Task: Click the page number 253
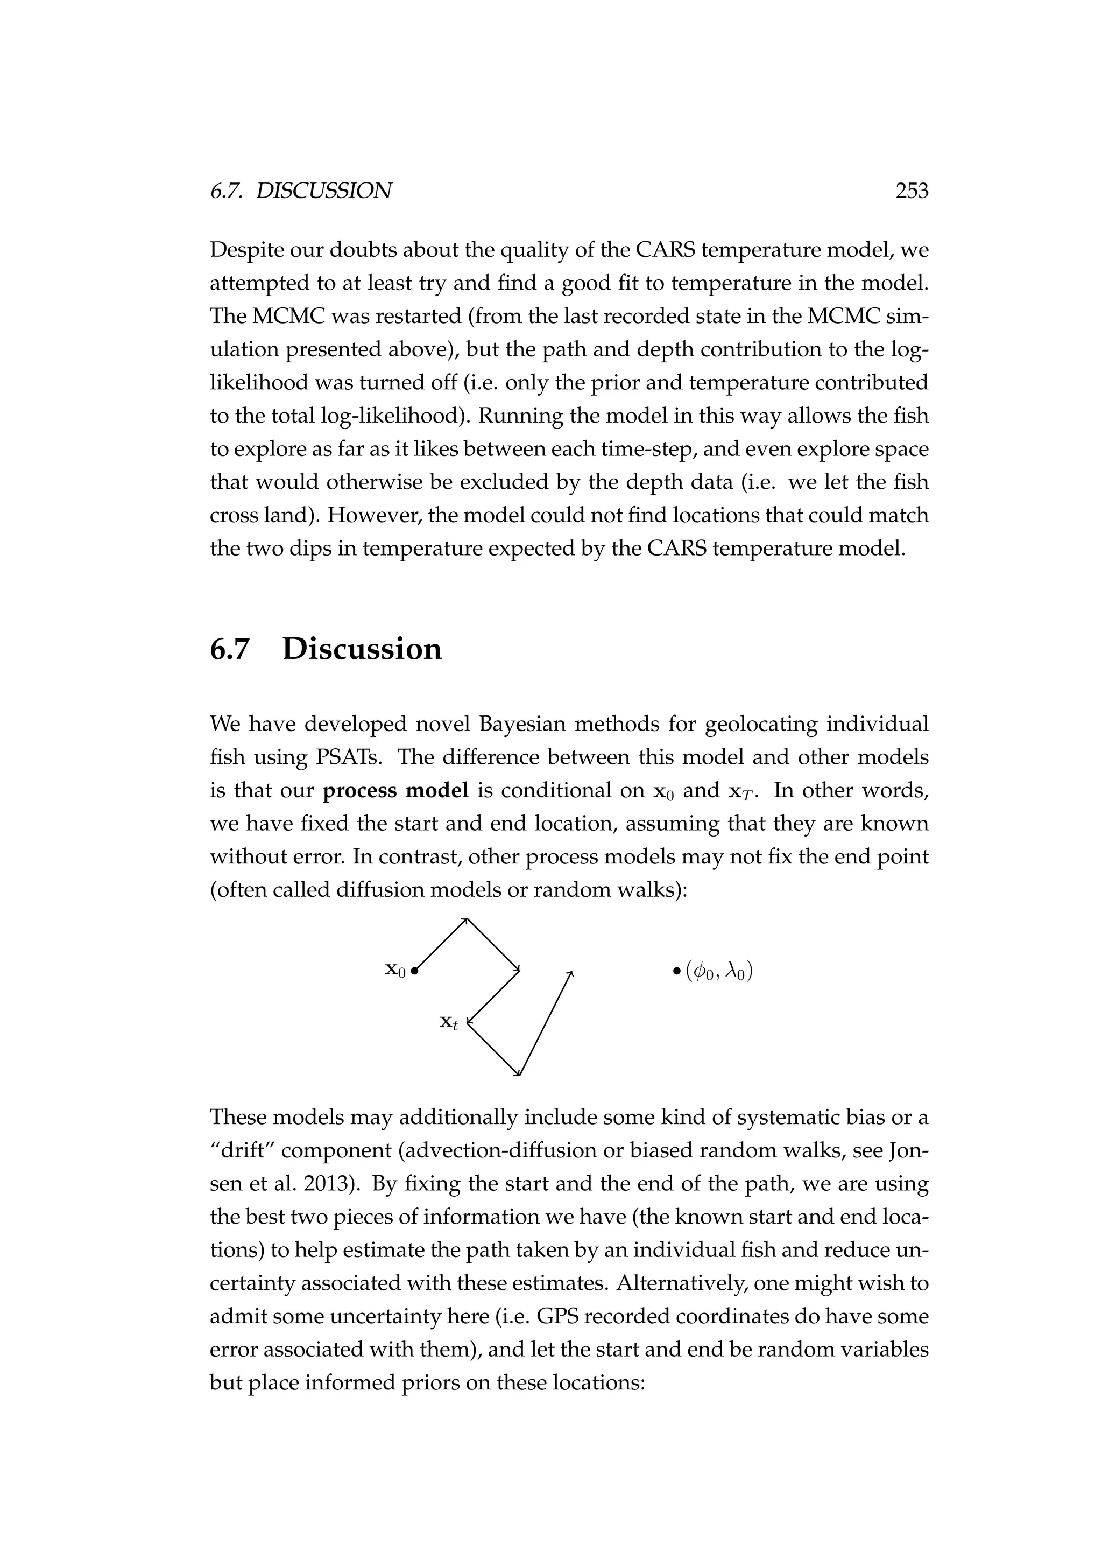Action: (912, 192)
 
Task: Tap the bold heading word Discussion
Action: (362, 649)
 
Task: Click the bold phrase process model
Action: (395, 790)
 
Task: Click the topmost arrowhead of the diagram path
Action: (465, 920)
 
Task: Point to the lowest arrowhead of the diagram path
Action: (518, 1073)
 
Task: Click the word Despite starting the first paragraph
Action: (246, 250)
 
